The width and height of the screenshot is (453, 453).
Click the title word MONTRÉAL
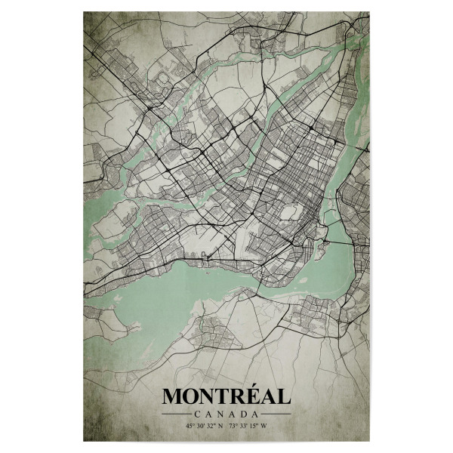[x=226, y=396]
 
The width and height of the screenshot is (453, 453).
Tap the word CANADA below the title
[x=226, y=414]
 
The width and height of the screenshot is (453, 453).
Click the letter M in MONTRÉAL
[x=172, y=396]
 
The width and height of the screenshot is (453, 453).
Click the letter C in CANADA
[x=197, y=414]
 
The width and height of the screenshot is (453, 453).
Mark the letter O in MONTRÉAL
[x=192, y=396]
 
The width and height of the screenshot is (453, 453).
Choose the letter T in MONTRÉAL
[x=224, y=396]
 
